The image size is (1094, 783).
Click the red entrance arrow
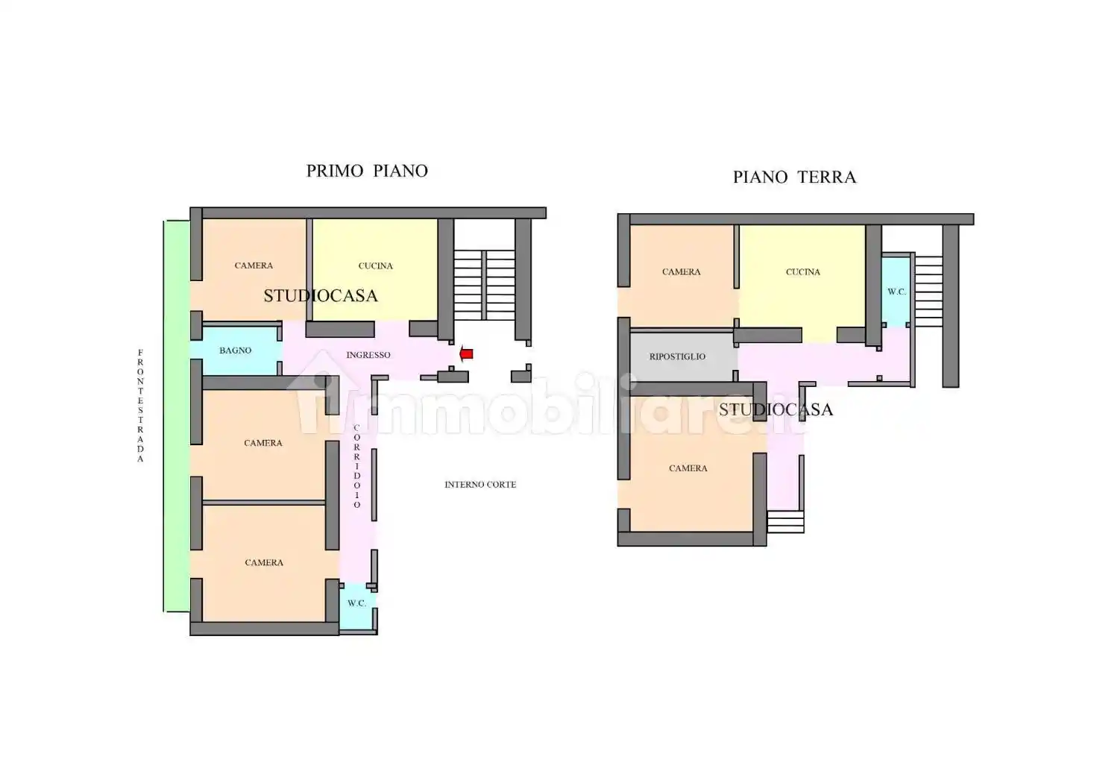click(x=466, y=354)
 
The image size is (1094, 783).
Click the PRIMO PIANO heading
click(x=367, y=171)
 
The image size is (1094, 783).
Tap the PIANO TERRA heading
click(x=794, y=177)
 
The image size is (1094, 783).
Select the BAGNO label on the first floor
click(x=235, y=350)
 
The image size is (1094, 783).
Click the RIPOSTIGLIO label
click(x=677, y=356)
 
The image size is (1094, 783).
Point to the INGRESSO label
click(x=368, y=355)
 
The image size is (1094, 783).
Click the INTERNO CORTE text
click(x=480, y=485)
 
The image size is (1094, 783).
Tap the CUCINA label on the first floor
click(x=375, y=265)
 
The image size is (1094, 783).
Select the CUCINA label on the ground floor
click(x=802, y=272)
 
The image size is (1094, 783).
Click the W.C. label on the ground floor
click(x=896, y=292)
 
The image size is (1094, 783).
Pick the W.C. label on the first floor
click(x=356, y=603)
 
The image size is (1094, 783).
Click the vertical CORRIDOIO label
click(x=356, y=466)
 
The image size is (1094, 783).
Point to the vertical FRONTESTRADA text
click(x=140, y=406)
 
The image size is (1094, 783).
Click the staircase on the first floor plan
click(x=485, y=284)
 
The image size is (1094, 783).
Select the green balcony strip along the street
click(x=177, y=415)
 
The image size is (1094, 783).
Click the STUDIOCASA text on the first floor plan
click(x=321, y=296)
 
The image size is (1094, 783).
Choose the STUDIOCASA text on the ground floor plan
click(x=776, y=409)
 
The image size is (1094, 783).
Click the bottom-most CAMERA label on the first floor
click(x=264, y=563)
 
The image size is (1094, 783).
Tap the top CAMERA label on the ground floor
click(x=681, y=272)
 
